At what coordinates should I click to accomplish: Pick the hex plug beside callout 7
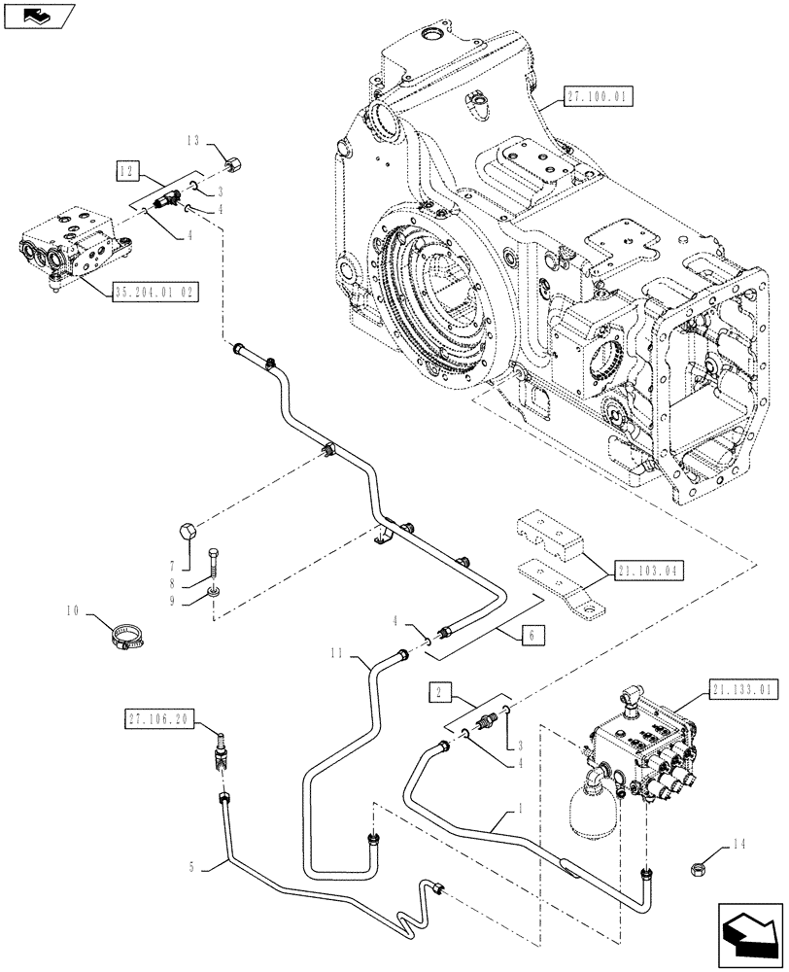(189, 533)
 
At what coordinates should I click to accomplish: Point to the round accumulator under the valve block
(594, 806)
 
